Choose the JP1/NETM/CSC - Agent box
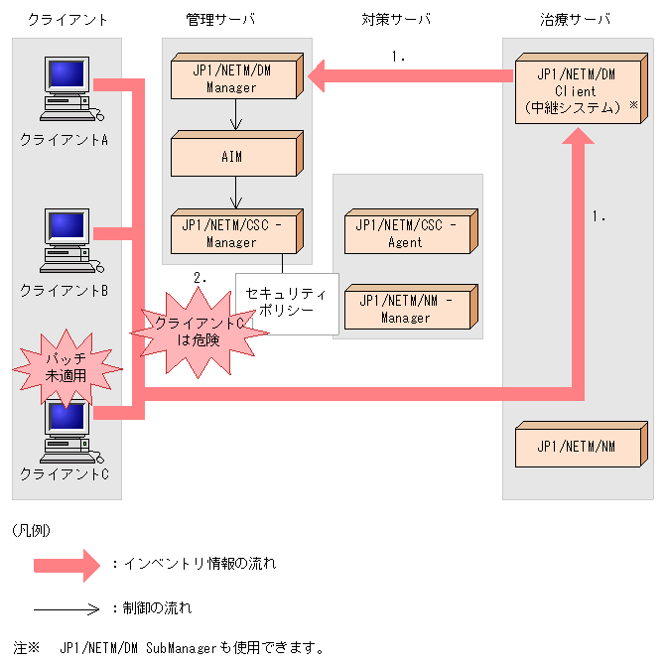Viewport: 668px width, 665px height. pyautogui.click(x=405, y=233)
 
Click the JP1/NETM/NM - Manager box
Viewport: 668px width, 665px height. pyautogui.click(x=405, y=309)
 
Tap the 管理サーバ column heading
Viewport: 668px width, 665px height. pyautogui.click(x=219, y=20)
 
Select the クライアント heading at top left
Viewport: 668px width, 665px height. pyautogui.click(x=67, y=20)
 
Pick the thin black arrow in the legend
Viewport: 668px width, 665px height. pyautogui.click(x=67, y=608)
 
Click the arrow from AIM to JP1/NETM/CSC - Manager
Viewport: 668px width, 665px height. pyautogui.click(x=236, y=192)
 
